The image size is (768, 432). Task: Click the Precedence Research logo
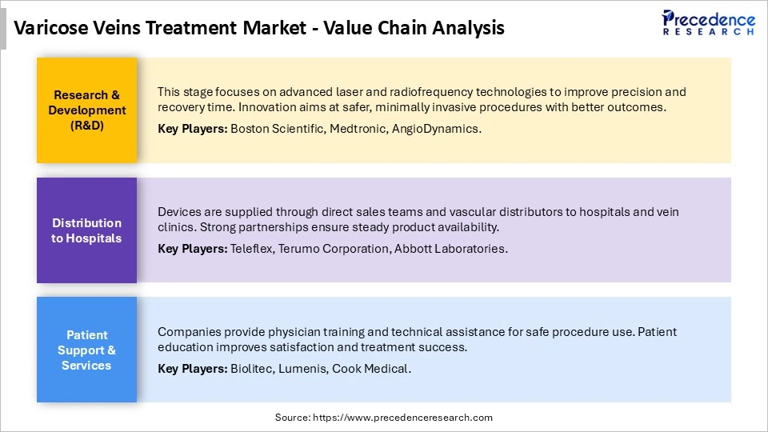[708, 22]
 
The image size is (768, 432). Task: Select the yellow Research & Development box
[86, 110]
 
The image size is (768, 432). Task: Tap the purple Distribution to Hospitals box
[86, 230]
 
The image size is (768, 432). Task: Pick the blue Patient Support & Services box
[86, 350]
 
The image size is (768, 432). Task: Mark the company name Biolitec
[250, 368]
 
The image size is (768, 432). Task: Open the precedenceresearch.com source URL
[403, 418]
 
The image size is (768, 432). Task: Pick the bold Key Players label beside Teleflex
[192, 248]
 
